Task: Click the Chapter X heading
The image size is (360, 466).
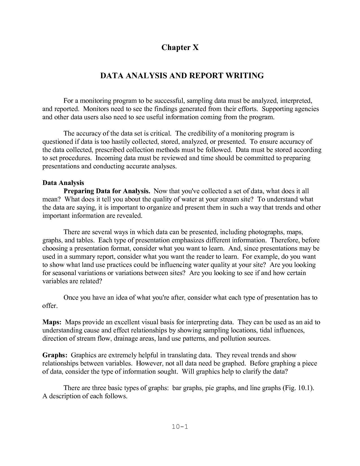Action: point(180,47)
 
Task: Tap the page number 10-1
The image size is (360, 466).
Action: point(180,426)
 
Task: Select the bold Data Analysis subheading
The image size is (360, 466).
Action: point(63,183)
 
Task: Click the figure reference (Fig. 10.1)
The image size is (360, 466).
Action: point(298,388)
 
